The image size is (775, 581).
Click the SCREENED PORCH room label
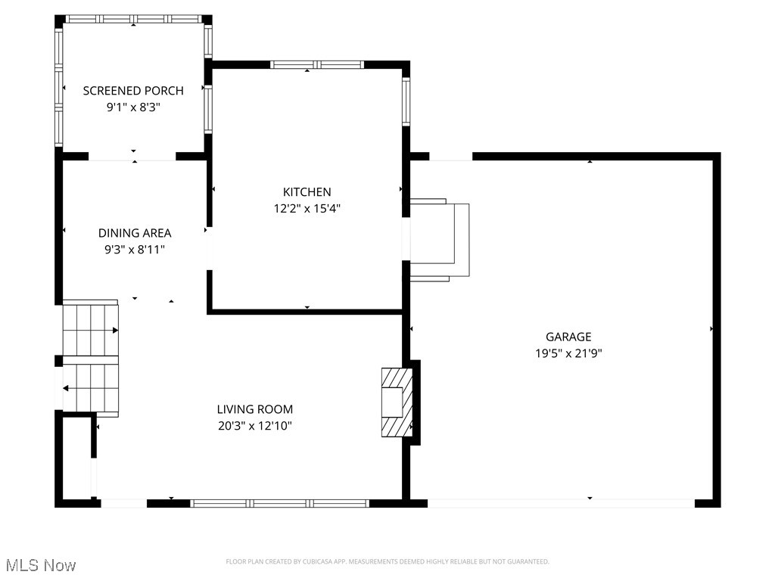133,91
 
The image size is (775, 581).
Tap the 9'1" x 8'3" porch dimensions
133,108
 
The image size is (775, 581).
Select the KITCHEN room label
307,192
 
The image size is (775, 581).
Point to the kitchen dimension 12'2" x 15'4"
307,209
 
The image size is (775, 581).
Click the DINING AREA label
135,233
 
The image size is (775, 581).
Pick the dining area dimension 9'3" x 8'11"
135,249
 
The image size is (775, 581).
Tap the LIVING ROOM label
254,409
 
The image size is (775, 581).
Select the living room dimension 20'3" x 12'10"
254,426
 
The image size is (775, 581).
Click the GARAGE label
568,337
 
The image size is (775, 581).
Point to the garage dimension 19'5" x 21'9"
568,353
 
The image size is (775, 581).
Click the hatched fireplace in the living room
397,402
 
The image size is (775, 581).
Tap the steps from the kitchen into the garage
439,241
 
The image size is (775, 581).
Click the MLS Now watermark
41,565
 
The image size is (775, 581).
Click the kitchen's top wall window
317,65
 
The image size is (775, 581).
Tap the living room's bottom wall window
279,503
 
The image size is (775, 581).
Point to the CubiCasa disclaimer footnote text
387,561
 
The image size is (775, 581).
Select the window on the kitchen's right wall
406,101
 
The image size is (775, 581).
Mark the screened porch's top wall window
134,19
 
